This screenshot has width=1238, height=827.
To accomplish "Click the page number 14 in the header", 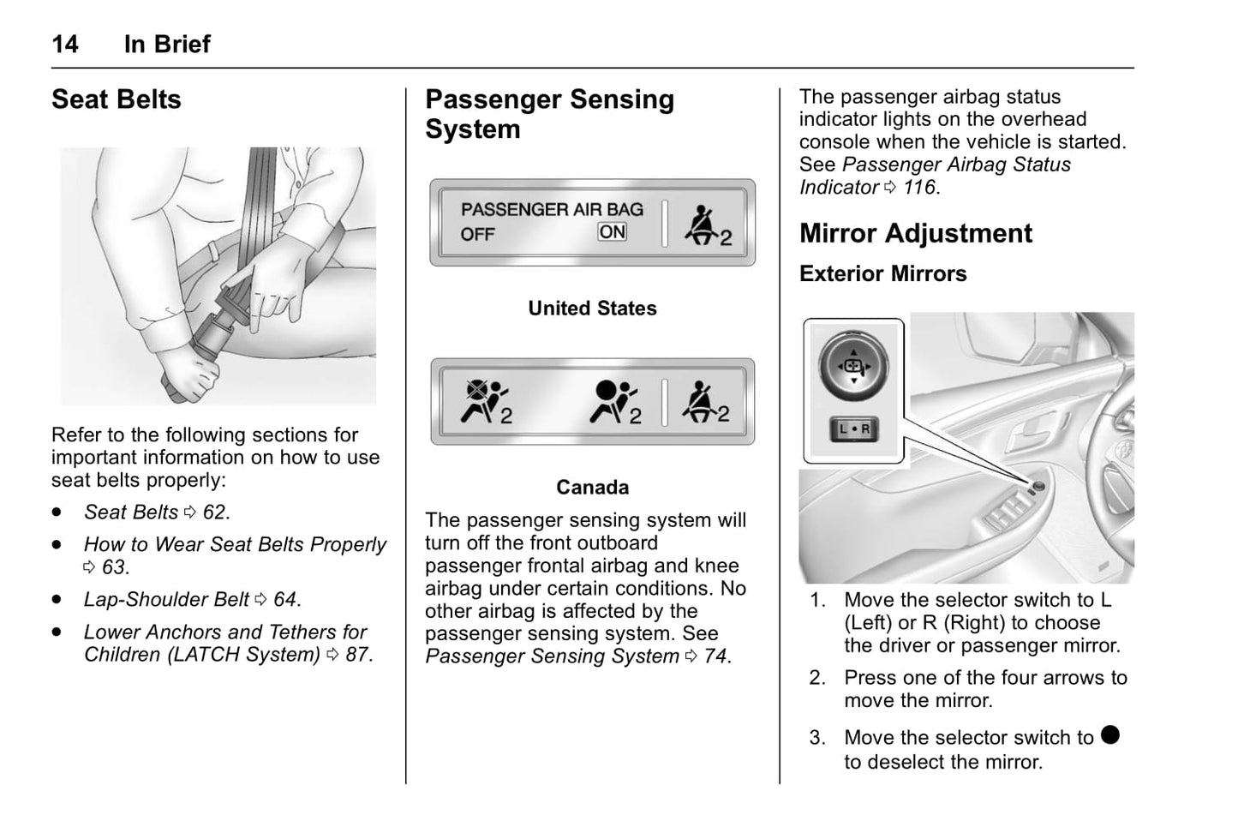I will [65, 44].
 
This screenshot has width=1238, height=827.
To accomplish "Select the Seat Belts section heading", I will [117, 99].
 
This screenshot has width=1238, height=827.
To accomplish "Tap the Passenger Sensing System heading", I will [549, 114].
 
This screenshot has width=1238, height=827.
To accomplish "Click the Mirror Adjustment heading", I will [915, 233].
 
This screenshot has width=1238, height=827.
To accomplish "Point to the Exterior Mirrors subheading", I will [882, 273].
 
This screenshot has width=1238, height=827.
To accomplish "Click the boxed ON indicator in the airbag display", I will [613, 231].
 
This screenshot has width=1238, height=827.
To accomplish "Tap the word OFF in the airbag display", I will [477, 234].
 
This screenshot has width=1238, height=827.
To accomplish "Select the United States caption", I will [592, 309].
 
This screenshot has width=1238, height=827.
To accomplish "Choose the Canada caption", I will [592, 488].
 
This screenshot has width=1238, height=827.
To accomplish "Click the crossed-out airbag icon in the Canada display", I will [485, 401].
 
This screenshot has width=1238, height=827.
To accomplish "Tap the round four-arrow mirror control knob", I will [852, 367].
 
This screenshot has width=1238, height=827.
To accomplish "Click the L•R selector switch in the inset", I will [853, 428].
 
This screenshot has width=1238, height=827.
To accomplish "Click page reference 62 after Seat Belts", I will [215, 512].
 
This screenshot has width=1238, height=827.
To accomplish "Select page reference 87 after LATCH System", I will [357, 655].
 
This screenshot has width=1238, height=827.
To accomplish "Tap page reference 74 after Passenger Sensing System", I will [715, 656].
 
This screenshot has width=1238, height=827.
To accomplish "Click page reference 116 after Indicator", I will [919, 188].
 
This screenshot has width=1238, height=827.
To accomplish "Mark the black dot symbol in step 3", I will [1110, 735].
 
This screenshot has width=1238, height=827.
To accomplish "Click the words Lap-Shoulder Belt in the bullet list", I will [166, 600].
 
